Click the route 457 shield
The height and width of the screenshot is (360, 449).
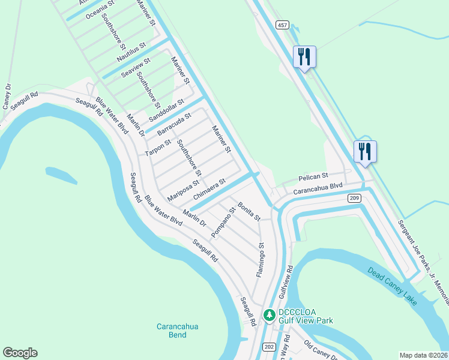coord(282,25)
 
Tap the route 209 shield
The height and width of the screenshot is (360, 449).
coord(354,197)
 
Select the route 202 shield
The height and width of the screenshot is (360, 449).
coord(269,347)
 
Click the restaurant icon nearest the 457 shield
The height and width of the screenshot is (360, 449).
coord(304,57)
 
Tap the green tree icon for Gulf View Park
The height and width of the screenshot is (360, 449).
coord(270,315)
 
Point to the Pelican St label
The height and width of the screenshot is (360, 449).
coord(313,178)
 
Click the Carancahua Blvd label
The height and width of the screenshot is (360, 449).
coord(317,189)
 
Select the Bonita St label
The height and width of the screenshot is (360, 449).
coord(249,211)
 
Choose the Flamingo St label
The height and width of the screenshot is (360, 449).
coord(261,260)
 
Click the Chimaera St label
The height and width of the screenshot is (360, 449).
coord(209,189)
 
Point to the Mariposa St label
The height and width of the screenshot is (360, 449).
coord(183,190)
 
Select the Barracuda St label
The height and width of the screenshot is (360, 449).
coord(173,123)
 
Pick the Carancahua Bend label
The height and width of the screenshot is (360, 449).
coord(177,331)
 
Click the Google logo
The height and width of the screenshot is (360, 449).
coord(20,353)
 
